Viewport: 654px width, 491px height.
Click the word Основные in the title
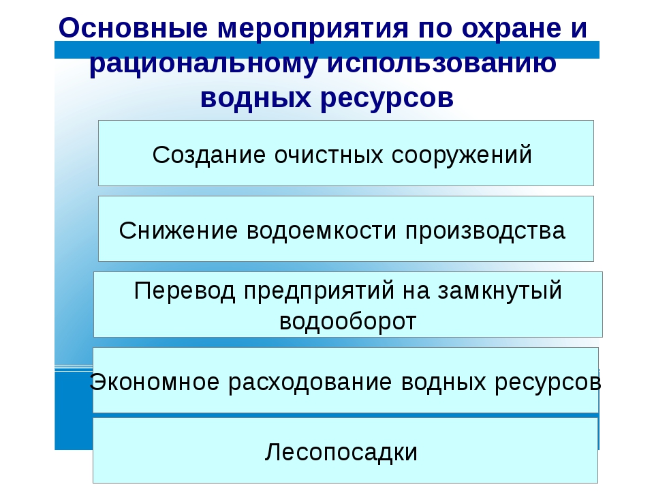[x=134, y=29]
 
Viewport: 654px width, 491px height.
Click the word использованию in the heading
[x=441, y=63]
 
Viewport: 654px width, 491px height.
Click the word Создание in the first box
[x=209, y=155]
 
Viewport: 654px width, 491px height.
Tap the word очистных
[x=328, y=155]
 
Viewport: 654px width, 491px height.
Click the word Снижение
[x=178, y=230]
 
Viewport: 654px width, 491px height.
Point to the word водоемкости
[x=322, y=231]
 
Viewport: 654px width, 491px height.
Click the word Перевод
[x=185, y=291]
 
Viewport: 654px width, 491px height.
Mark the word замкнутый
[x=499, y=291]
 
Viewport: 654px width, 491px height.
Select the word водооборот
[x=348, y=321]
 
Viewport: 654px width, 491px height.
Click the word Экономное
[x=155, y=382]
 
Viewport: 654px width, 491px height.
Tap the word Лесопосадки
[x=341, y=453]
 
